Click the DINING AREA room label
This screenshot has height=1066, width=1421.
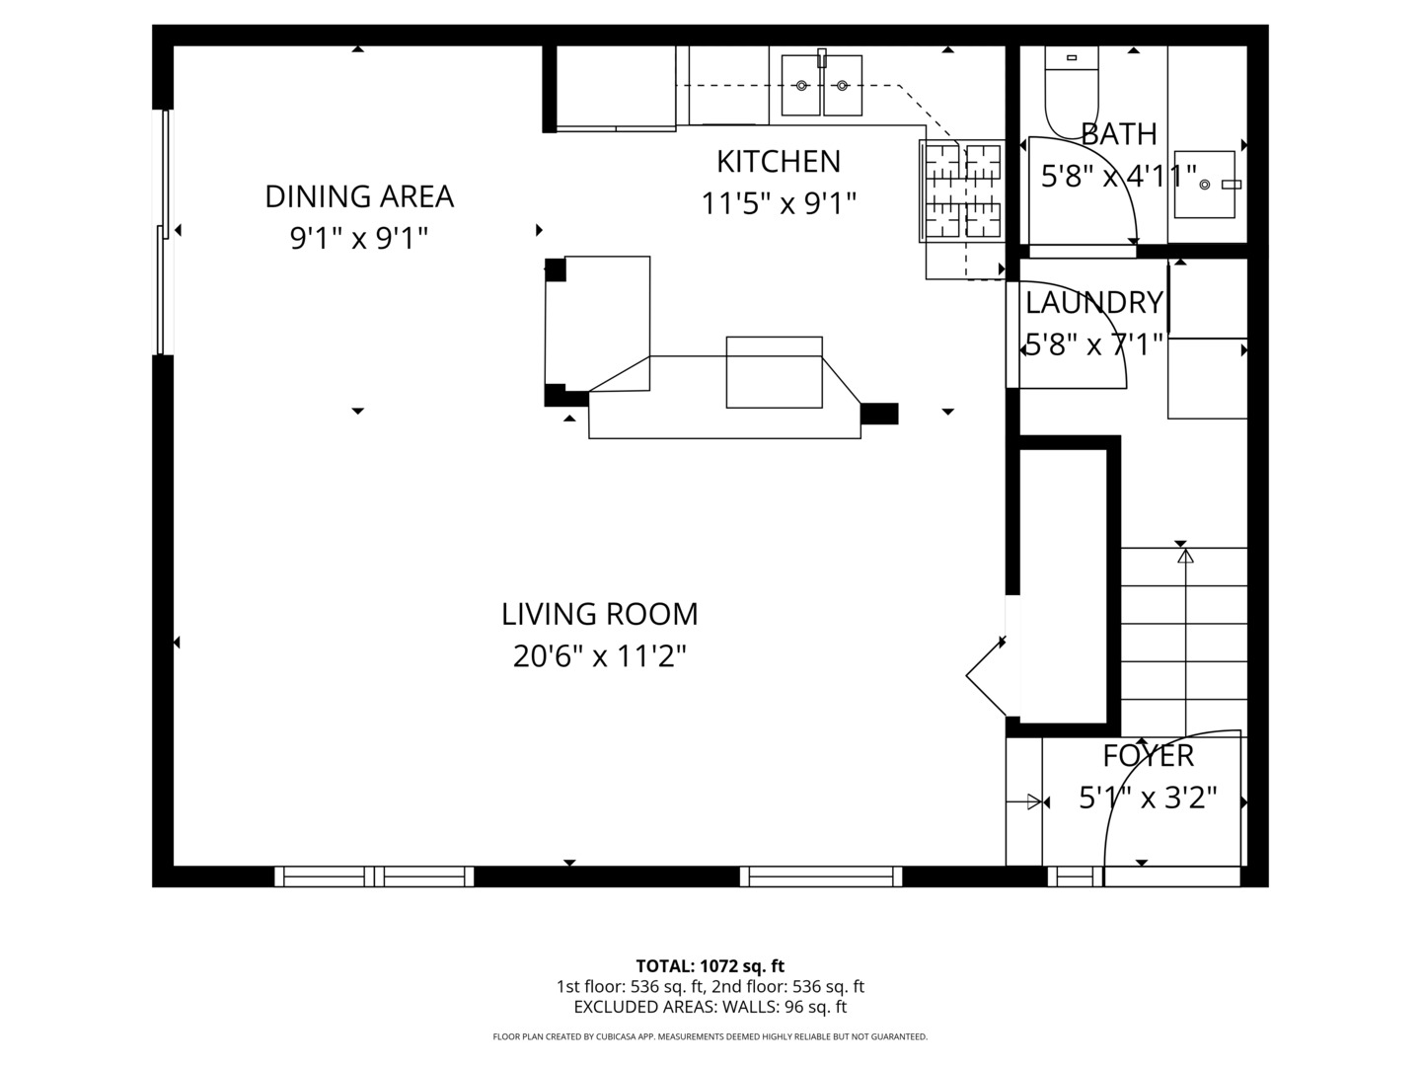click(x=359, y=196)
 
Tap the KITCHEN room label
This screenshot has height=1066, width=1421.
click(x=778, y=161)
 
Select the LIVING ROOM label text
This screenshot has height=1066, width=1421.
click(x=599, y=614)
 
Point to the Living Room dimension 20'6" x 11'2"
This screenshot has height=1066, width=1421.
click(x=599, y=655)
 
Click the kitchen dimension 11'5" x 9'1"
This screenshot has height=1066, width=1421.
click(x=778, y=203)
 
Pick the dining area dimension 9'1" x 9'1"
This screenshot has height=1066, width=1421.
click(x=359, y=238)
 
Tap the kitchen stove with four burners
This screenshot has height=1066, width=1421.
click(x=961, y=190)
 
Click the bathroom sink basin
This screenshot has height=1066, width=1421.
click(x=1205, y=185)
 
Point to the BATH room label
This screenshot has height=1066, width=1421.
click(x=1118, y=133)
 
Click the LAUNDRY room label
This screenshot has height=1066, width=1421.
click(x=1093, y=302)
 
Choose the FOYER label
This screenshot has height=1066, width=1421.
click(x=1148, y=755)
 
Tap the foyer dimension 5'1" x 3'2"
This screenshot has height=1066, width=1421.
click(x=1148, y=798)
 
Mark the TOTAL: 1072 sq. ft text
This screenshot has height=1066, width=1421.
click(x=710, y=965)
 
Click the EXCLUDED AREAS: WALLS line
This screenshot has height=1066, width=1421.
click(x=710, y=1007)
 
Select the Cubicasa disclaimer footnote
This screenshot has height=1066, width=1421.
click(x=710, y=1036)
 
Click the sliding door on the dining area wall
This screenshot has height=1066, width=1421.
click(x=164, y=232)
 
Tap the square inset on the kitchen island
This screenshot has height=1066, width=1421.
click(x=774, y=372)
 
